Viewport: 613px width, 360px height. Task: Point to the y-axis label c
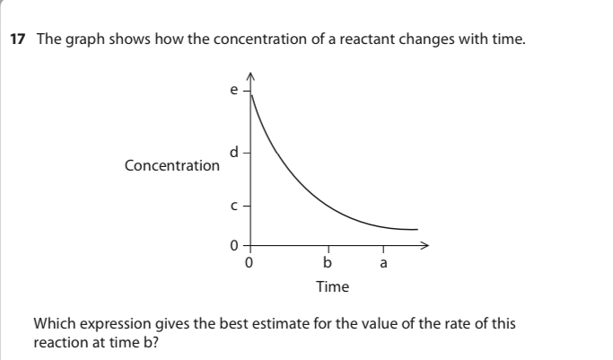pyautogui.click(x=234, y=206)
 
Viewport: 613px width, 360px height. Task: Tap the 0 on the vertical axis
pyautogui.click(x=234, y=244)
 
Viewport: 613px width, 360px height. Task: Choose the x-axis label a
pyautogui.click(x=384, y=263)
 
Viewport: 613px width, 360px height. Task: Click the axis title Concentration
pyautogui.click(x=171, y=166)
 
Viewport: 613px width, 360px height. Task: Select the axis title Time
pyautogui.click(x=332, y=287)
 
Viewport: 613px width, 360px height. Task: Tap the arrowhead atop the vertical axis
pyautogui.click(x=250, y=75)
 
